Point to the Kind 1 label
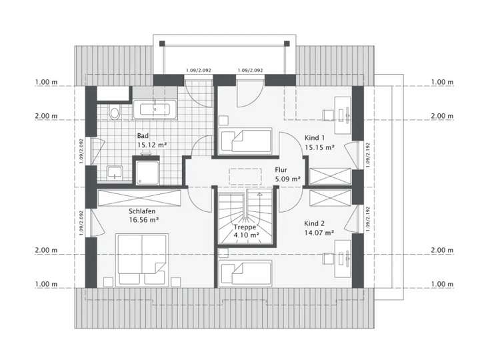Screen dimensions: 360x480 315,137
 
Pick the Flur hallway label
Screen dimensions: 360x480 280,170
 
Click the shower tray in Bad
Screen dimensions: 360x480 146,171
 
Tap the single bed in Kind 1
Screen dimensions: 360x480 245,141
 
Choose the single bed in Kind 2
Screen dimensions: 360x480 245,273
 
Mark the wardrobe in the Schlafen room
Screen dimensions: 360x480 139,198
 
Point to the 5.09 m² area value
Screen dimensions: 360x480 287,179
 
